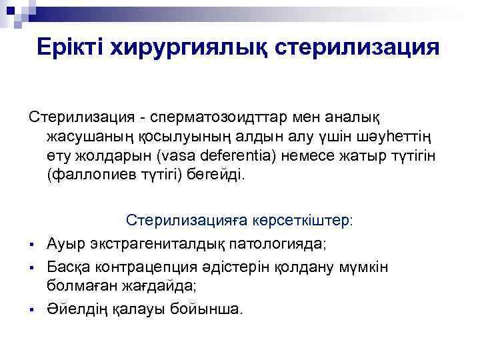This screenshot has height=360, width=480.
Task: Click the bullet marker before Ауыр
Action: [31, 246]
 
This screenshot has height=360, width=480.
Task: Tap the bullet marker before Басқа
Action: [31, 268]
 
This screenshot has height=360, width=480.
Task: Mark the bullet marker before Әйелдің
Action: [31, 309]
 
